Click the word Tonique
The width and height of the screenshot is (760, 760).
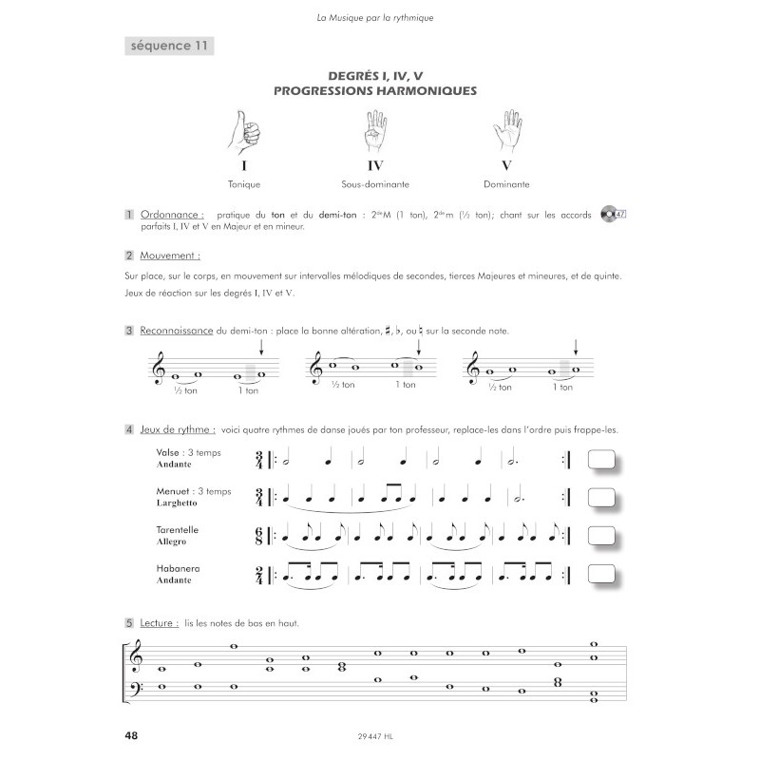click(244, 184)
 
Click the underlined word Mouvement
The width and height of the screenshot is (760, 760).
click(170, 256)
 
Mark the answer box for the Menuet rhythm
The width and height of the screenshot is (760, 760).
click(601, 498)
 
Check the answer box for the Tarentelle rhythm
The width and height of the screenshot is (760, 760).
click(601, 536)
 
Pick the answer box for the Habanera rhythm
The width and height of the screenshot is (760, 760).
click(601, 575)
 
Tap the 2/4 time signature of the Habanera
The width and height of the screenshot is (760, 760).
click(259, 575)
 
